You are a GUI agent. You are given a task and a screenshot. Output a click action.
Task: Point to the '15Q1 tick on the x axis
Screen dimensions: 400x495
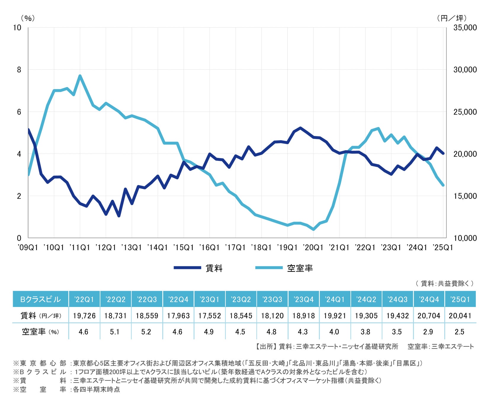click(x=184, y=247)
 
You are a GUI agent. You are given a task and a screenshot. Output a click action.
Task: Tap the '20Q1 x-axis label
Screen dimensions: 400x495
click(x=313, y=247)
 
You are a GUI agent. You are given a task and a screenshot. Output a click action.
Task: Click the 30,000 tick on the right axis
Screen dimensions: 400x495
click(x=465, y=70)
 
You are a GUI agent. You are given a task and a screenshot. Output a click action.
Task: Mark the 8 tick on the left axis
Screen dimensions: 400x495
click(x=19, y=70)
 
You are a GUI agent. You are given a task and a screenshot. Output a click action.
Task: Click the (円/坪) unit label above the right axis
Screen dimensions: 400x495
click(x=451, y=18)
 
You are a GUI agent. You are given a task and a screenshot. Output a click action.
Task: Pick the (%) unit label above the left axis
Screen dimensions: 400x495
click(x=28, y=18)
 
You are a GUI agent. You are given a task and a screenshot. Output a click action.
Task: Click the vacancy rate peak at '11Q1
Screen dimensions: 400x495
click(x=80, y=76)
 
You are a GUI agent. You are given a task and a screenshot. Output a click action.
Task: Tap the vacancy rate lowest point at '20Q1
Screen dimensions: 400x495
click(x=313, y=229)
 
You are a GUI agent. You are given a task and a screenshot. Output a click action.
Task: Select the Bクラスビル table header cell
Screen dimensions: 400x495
click(x=41, y=299)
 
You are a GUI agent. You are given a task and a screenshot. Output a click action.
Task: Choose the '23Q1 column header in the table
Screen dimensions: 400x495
click(x=209, y=299)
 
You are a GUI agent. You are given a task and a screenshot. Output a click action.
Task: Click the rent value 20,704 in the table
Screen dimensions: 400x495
click(x=429, y=316)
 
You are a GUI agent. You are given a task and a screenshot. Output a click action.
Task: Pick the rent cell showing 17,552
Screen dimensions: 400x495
click(x=209, y=316)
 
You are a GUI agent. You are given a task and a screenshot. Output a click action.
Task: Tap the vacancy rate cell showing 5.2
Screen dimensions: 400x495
click(x=147, y=332)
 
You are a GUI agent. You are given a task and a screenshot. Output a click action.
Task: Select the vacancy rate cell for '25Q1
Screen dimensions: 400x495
click(x=460, y=332)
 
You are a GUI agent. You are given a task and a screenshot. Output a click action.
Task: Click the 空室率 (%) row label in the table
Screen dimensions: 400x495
click(x=41, y=332)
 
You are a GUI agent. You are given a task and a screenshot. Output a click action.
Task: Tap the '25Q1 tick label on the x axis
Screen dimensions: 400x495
click(x=443, y=247)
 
